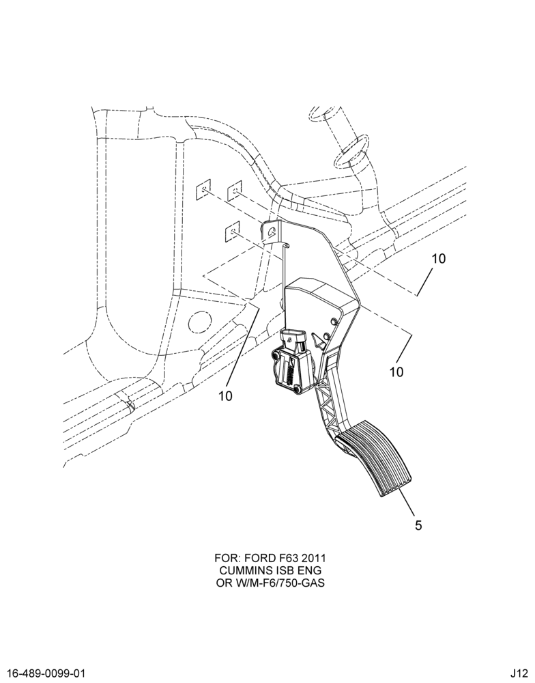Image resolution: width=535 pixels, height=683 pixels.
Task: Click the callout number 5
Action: pos(418,525)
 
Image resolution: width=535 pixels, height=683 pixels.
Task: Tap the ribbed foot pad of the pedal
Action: pos(375,458)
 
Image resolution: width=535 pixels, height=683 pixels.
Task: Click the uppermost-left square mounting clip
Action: pos(203,189)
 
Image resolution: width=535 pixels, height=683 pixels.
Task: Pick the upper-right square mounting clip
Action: pos(235,189)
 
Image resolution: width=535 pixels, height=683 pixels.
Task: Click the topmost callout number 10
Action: pos(439,259)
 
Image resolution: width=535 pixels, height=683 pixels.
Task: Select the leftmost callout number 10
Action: pos(225,395)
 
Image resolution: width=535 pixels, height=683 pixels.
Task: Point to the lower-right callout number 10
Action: pos(396,372)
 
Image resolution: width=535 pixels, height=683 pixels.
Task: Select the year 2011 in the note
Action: pos(313,559)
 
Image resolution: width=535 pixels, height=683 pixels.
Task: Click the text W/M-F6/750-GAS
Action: pos(278,583)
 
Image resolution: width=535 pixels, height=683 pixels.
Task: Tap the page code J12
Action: pos(520,673)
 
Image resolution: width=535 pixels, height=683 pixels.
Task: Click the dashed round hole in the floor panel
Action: pos(199,323)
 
